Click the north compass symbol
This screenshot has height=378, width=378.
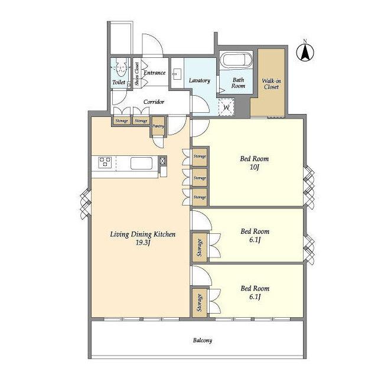point(305,53)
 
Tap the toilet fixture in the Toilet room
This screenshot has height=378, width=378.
point(121,68)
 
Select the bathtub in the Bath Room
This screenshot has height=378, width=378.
point(236,60)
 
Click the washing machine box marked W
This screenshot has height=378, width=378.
point(226,107)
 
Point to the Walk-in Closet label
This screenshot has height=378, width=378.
point(271,84)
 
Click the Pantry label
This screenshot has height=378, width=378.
point(158,126)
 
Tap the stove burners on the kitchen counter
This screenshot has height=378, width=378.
point(105,162)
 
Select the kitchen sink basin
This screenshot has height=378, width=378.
point(142,163)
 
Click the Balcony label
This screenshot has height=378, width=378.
point(203,340)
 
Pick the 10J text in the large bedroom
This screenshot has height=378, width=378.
point(255,167)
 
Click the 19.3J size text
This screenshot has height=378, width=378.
point(143,243)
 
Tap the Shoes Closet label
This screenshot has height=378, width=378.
point(137,74)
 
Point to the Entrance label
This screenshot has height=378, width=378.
point(155,73)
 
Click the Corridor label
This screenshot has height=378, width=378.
point(154,102)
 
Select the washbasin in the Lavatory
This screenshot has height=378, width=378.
point(177,74)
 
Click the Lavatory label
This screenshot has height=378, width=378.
point(200,80)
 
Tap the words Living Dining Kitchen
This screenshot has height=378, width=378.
point(143,234)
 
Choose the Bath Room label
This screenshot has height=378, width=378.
point(238,83)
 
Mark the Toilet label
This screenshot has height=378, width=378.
point(119,82)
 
